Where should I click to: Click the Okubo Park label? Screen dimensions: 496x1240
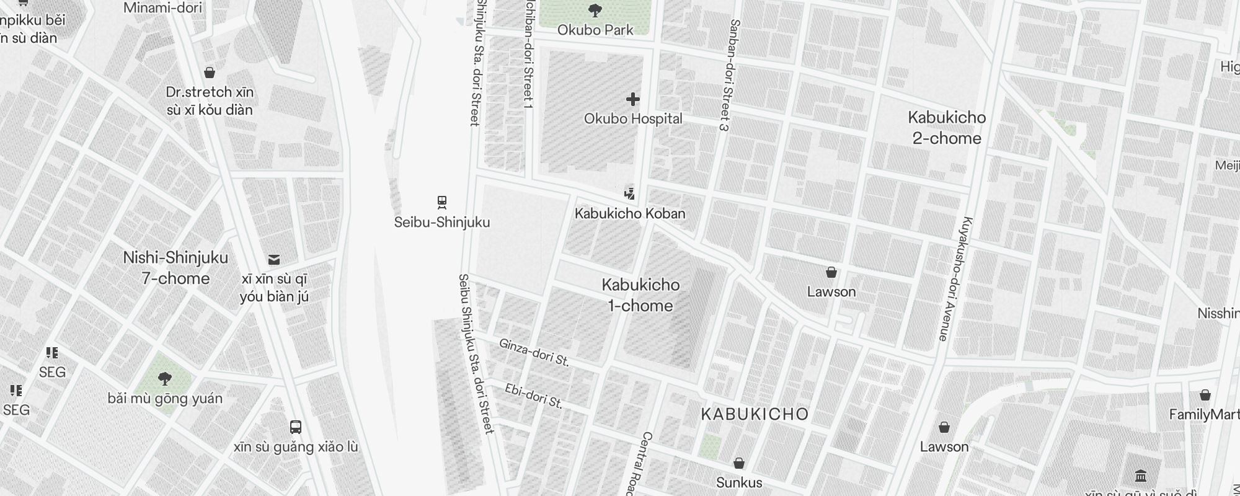[595, 30]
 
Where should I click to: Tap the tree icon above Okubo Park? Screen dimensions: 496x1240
[595, 11]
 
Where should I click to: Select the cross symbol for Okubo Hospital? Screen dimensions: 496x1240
[632, 99]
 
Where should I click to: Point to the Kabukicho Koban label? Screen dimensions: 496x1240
[630, 213]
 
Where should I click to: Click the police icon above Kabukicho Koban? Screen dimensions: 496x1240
[630, 193]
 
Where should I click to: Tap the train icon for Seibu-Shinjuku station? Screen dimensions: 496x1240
[442, 202]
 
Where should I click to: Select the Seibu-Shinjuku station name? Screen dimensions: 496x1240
[442, 222]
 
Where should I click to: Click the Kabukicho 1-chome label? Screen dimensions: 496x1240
[640, 295]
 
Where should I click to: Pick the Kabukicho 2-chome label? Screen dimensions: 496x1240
[947, 128]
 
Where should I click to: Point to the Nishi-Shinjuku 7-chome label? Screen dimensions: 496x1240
[175, 268]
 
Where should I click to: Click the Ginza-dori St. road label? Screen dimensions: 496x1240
[534, 352]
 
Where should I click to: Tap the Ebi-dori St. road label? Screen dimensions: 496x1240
[534, 397]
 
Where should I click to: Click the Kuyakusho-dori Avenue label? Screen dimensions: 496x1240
[955, 279]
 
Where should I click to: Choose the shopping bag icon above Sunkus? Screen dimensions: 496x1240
[738, 463]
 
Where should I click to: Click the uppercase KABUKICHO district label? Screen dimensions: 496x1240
[755, 414]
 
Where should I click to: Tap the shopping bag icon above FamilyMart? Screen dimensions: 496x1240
[1205, 395]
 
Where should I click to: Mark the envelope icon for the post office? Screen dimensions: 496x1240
[274, 259]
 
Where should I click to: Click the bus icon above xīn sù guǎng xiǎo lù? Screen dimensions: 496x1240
[296, 427]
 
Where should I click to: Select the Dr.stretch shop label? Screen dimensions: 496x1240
[210, 101]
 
